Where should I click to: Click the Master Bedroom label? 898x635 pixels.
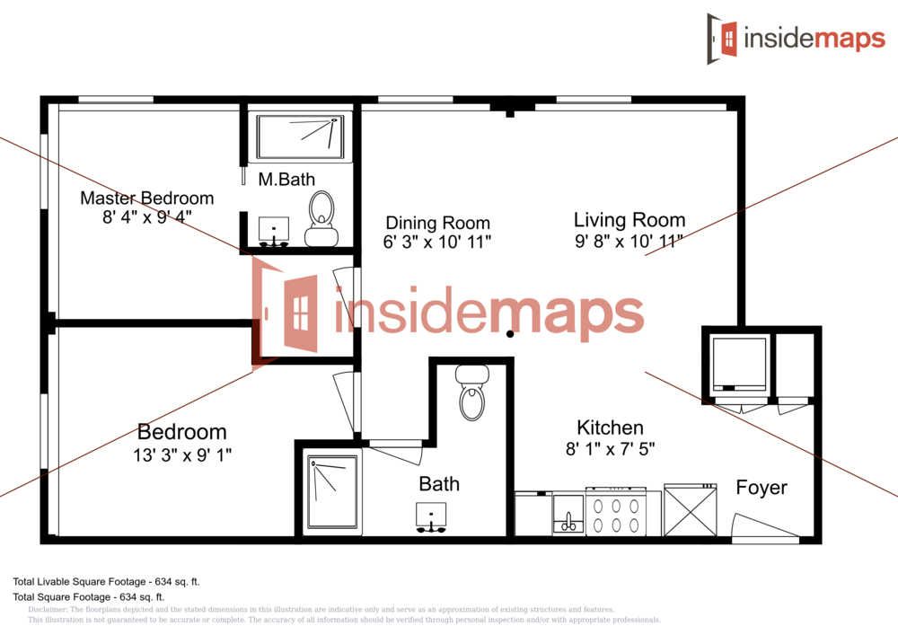[x=147, y=198]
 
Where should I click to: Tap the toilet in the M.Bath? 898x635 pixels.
[x=321, y=216]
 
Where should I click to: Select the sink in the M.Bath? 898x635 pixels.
[x=274, y=230]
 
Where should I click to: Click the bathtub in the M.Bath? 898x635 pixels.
[x=300, y=137]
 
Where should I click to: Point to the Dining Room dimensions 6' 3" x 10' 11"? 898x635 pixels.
[x=438, y=242]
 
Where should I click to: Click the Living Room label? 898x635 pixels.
[x=629, y=220]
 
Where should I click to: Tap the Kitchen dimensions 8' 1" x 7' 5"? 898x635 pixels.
[x=610, y=448]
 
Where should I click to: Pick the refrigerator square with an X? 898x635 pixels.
[x=691, y=511]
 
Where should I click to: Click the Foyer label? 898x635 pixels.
[x=762, y=488]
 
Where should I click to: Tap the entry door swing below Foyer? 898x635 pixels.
[x=763, y=529]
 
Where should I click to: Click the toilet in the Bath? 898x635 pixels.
[x=471, y=393]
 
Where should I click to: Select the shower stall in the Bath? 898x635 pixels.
[x=332, y=492]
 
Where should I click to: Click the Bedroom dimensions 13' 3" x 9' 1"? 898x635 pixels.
[x=181, y=454]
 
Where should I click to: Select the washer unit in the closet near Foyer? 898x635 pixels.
[x=739, y=366]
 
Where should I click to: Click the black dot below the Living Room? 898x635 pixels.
[x=510, y=334]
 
